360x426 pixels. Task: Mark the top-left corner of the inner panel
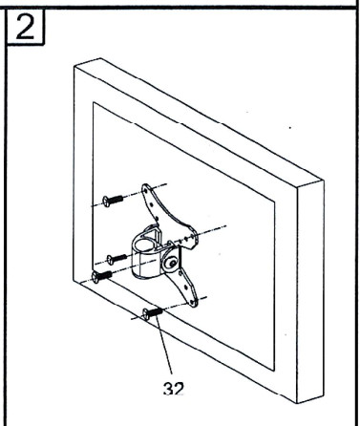tap(93, 103)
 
